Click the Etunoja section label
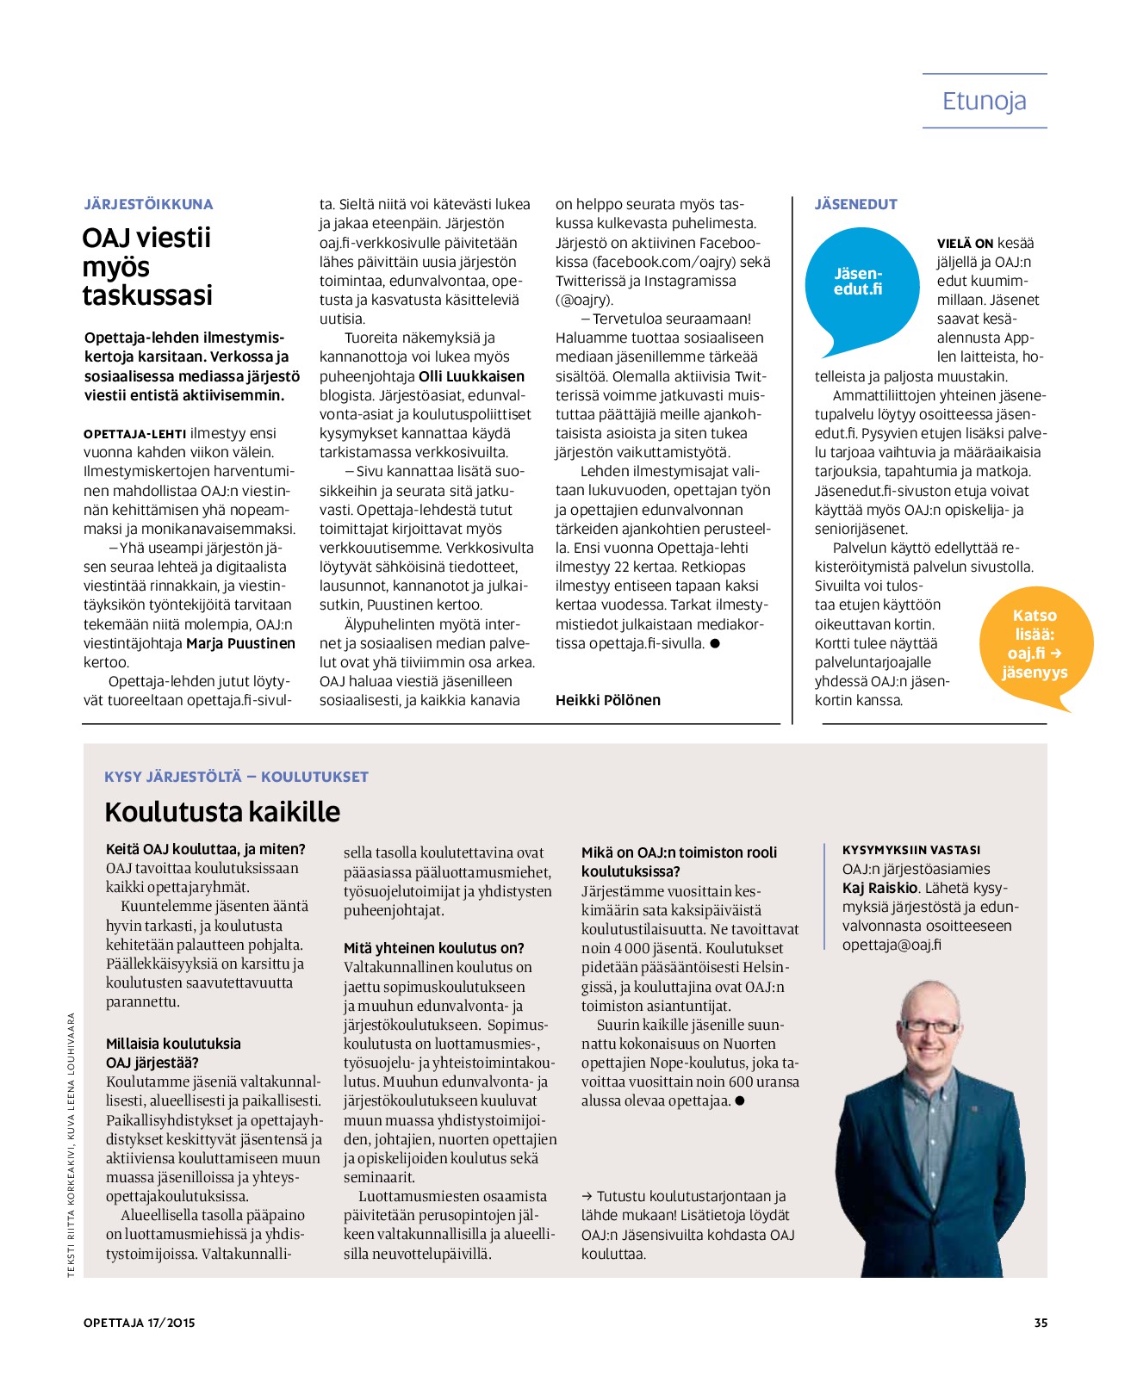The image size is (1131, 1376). (x=984, y=102)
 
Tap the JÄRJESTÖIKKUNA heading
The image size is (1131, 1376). (x=148, y=204)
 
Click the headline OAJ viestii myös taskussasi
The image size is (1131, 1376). (x=147, y=266)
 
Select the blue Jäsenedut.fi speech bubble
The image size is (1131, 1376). (x=858, y=285)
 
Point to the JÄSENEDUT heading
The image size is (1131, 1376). (x=855, y=204)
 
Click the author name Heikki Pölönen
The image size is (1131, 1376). (x=607, y=700)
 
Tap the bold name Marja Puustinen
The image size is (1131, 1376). (x=240, y=643)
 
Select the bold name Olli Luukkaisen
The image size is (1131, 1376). (x=471, y=376)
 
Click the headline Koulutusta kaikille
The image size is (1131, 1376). (x=222, y=811)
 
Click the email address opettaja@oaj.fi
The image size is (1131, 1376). (x=892, y=945)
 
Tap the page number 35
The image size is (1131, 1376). (x=1041, y=1323)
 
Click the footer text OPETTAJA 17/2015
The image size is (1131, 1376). (x=140, y=1323)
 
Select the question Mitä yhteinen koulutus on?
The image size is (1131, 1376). (x=433, y=948)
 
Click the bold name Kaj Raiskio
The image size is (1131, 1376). (x=879, y=888)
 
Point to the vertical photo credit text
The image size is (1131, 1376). (x=71, y=1144)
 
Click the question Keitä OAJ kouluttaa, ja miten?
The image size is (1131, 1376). (x=205, y=849)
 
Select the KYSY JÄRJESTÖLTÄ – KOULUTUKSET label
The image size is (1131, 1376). (x=236, y=777)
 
